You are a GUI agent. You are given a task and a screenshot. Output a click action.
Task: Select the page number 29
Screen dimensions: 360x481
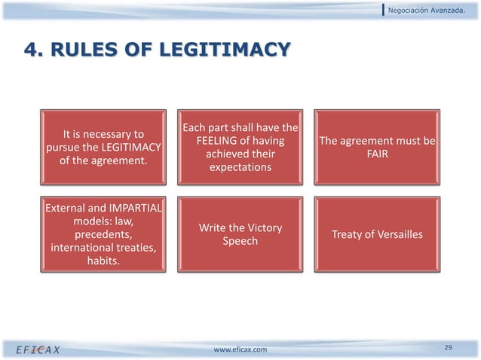coord(448,346)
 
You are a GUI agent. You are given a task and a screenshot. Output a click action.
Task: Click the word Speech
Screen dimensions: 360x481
coord(240,242)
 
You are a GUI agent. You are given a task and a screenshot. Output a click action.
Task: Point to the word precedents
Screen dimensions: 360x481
coord(104,235)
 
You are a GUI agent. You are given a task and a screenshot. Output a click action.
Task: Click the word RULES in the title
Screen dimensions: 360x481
coord(84,50)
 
